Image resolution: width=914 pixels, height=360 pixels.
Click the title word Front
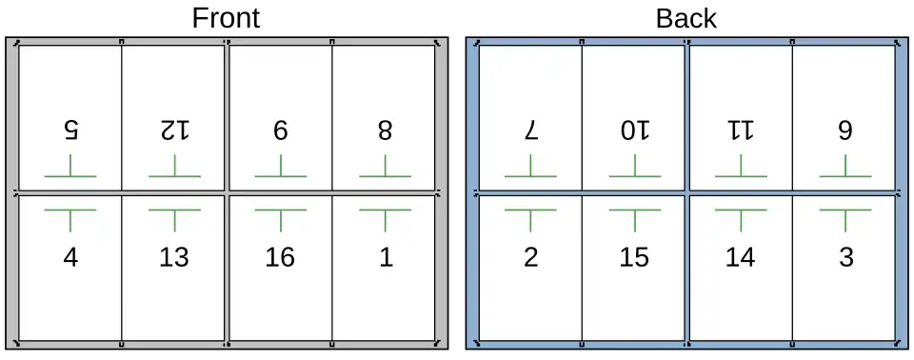226,19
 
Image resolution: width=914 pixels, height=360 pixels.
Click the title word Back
686,19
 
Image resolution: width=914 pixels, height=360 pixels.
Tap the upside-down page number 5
70,130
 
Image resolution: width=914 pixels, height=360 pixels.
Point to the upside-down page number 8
385,130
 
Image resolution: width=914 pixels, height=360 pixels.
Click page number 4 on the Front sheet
70,257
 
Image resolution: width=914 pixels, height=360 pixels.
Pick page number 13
174,257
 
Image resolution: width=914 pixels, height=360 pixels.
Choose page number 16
280,257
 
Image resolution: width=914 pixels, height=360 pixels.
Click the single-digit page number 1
386,257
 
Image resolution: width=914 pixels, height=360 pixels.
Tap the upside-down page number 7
530,130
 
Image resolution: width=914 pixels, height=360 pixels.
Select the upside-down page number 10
635,130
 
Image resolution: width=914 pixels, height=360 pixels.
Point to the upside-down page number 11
741,130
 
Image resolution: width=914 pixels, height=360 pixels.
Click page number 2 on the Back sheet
530,257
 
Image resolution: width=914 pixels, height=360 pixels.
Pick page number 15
634,257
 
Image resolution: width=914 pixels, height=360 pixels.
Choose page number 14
741,257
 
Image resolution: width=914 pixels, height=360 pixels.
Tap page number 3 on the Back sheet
845,257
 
